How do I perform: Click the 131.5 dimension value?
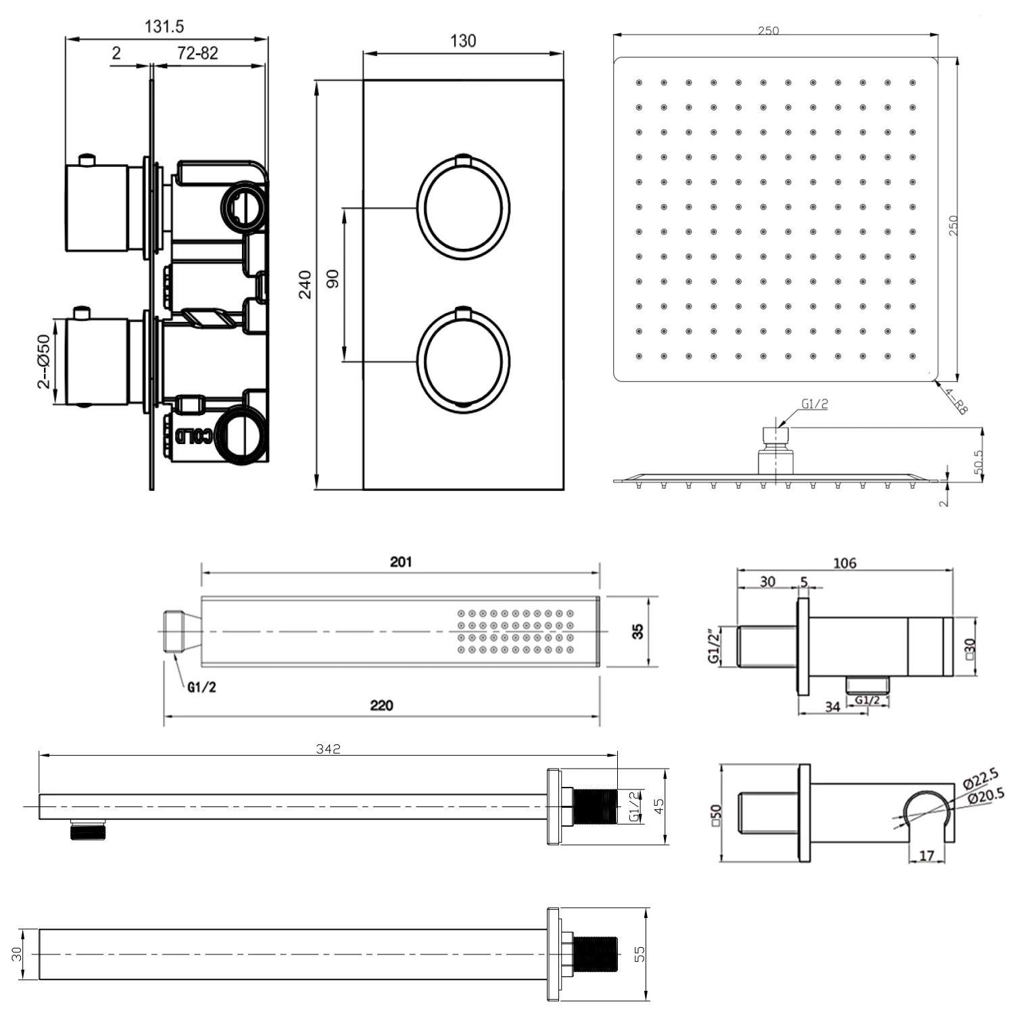point(164,26)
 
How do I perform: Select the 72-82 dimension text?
point(197,53)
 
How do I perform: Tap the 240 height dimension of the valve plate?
point(305,285)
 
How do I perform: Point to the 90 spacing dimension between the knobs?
point(333,279)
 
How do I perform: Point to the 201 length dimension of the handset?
point(400,562)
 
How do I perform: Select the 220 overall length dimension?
point(381,705)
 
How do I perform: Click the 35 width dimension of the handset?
point(637,631)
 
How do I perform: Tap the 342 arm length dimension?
point(328,749)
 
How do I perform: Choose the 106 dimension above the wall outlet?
point(844,562)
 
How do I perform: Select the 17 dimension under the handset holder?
point(927,856)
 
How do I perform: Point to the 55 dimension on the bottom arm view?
point(639,954)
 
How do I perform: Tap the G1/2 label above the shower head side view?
point(815,404)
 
